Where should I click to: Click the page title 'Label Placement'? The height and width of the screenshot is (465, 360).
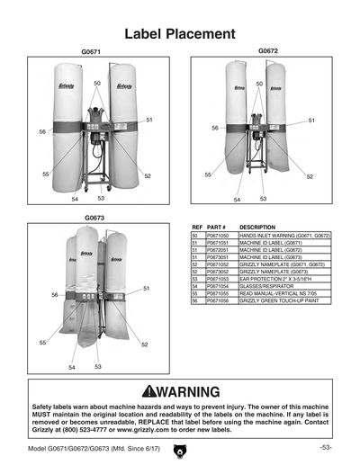point(179,34)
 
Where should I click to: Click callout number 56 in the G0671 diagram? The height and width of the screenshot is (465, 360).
point(42,131)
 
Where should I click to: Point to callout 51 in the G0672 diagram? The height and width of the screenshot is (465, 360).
point(311,120)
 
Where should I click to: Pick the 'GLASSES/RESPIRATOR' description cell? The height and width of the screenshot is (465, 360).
point(269,286)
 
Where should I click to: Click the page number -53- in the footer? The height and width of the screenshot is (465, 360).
point(326,447)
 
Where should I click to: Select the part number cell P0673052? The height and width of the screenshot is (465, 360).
point(220,272)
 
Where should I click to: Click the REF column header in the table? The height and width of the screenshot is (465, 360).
point(197,228)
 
